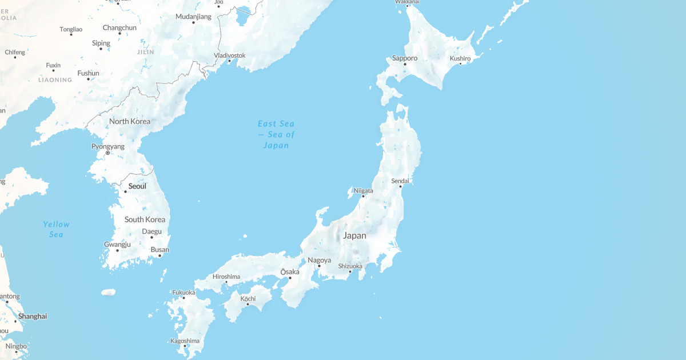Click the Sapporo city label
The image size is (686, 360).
point(405,58)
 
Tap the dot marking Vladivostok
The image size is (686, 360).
point(229,61)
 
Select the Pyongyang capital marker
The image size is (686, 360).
point(107,153)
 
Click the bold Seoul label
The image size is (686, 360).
point(137,186)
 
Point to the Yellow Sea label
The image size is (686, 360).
point(56,229)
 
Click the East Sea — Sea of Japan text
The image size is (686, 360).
point(276,134)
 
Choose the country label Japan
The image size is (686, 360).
point(354,235)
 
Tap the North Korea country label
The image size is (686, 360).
point(130,121)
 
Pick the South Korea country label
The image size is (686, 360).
point(145,219)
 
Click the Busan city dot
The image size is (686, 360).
point(159,255)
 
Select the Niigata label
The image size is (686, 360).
point(363,190)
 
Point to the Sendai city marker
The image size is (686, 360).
point(400,186)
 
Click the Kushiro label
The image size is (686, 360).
point(460,58)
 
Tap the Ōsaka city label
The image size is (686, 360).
point(290,271)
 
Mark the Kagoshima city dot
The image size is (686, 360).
point(185,346)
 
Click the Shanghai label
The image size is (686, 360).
point(33,316)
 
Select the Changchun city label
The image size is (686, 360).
point(119,27)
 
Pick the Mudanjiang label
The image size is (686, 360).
point(193,17)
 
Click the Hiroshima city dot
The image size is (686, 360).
point(226,282)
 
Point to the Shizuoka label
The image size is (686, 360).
point(350,266)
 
